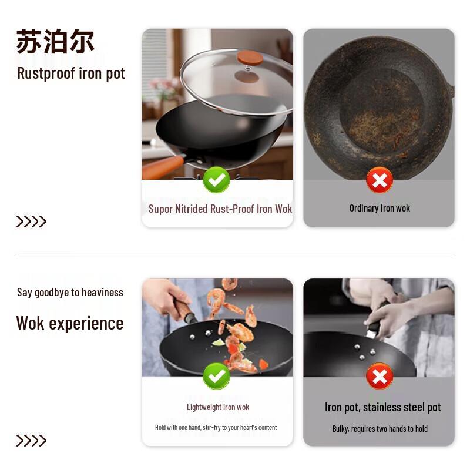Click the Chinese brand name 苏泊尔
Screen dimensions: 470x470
pos(55,41)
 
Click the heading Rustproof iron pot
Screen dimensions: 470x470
pos(71,73)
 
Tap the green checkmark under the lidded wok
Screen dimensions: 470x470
pos(216,180)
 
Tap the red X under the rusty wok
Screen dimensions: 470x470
pos(380,180)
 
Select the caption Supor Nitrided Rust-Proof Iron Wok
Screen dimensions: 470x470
pos(220,209)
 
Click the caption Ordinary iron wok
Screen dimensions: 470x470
pos(380,208)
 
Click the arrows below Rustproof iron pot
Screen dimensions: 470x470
pos(31,221)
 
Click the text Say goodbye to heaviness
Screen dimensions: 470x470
pos(70,292)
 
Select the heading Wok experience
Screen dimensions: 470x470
pos(70,323)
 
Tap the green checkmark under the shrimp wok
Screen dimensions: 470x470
pos(216,376)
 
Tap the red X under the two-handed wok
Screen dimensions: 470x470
pos(380,376)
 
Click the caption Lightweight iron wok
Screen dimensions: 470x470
pos(218,407)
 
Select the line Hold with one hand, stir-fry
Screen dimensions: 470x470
pos(216,428)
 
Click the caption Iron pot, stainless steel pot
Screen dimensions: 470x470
pos(382,407)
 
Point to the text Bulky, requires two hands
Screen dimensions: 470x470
pos(380,429)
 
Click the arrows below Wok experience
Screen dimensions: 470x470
pos(31,441)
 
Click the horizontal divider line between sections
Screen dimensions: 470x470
pos(235,254)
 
